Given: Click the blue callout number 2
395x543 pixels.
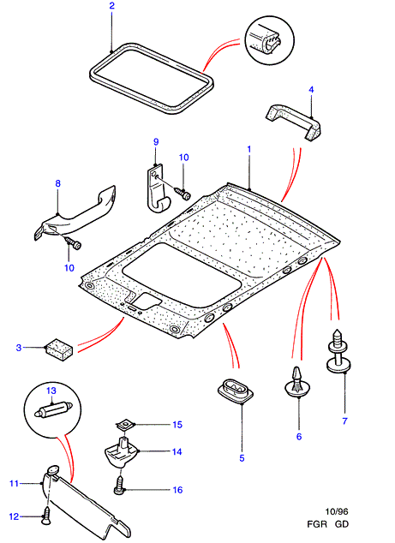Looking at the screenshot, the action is tap(111, 5).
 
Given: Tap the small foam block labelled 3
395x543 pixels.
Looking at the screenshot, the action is tap(59, 349).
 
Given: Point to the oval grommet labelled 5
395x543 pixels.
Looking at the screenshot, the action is tap(236, 390).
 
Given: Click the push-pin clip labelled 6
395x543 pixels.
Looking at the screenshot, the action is tap(297, 382).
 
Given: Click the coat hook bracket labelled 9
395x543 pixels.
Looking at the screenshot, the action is tap(157, 188).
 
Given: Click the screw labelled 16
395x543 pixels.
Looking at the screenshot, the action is tap(119, 485).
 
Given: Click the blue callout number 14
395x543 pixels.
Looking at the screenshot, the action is tap(177, 451).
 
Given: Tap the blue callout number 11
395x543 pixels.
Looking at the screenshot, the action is tap(14, 483).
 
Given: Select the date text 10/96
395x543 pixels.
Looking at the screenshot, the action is tap(337, 511).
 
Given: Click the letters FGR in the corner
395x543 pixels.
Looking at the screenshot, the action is tap(317, 524).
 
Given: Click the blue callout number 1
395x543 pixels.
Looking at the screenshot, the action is tap(248, 149).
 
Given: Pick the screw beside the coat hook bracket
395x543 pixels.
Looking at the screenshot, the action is tap(183, 194).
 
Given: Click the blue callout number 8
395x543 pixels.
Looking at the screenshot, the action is tap(58, 183).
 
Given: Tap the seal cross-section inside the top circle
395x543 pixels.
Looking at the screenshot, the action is tap(271, 39).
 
